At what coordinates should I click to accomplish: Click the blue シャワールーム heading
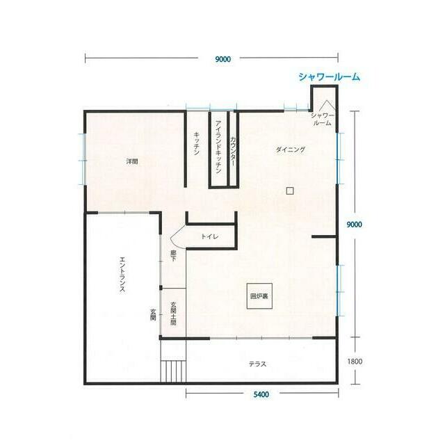tap(329, 76)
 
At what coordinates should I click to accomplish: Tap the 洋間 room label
tap(132, 162)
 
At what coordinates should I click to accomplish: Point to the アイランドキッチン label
tap(218, 147)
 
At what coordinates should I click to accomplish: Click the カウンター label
tap(233, 152)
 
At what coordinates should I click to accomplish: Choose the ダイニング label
tap(291, 149)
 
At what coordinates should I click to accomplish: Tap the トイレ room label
tap(210, 236)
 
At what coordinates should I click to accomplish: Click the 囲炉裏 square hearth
tap(259, 296)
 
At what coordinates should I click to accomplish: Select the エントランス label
tap(122, 275)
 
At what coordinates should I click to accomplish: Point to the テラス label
tap(258, 364)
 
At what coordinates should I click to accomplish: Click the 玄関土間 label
tap(173, 314)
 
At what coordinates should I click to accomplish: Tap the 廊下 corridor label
tap(173, 255)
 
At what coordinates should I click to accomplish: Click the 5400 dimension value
tap(261, 394)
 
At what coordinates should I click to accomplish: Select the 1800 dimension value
tap(355, 362)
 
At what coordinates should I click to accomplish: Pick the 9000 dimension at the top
tap(222, 59)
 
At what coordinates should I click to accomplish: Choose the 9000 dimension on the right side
tap(355, 225)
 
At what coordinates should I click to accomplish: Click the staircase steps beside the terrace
tap(173, 371)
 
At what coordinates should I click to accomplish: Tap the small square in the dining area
tap(289, 191)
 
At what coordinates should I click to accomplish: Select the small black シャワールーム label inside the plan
tap(323, 119)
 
